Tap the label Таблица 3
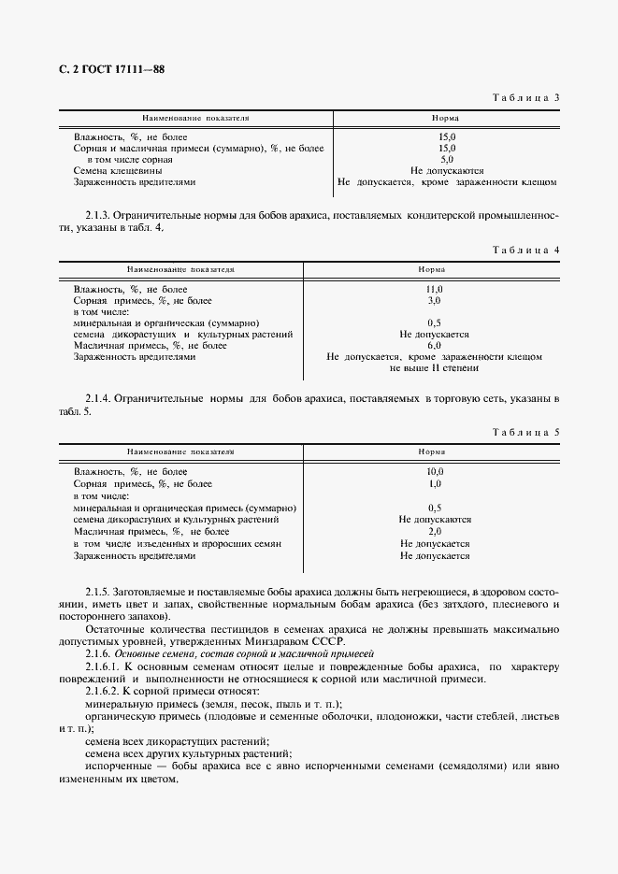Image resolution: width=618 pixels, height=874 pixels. tap(525, 97)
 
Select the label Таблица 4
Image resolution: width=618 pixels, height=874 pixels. tap(525, 251)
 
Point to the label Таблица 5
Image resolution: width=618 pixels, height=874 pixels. tap(525, 432)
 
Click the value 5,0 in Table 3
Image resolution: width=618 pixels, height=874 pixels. tap(447, 160)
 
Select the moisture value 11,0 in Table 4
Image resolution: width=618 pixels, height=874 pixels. tap(434, 290)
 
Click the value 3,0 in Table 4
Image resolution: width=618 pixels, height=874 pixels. tap(434, 301)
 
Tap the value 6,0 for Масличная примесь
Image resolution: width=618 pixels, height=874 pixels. tap(434, 345)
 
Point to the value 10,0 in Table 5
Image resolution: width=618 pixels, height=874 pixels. tap(434, 472)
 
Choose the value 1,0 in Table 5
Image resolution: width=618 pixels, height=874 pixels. tap(434, 484)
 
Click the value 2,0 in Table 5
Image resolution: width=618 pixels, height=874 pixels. tap(434, 531)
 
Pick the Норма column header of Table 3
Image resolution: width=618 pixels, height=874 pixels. tap(444, 120)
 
